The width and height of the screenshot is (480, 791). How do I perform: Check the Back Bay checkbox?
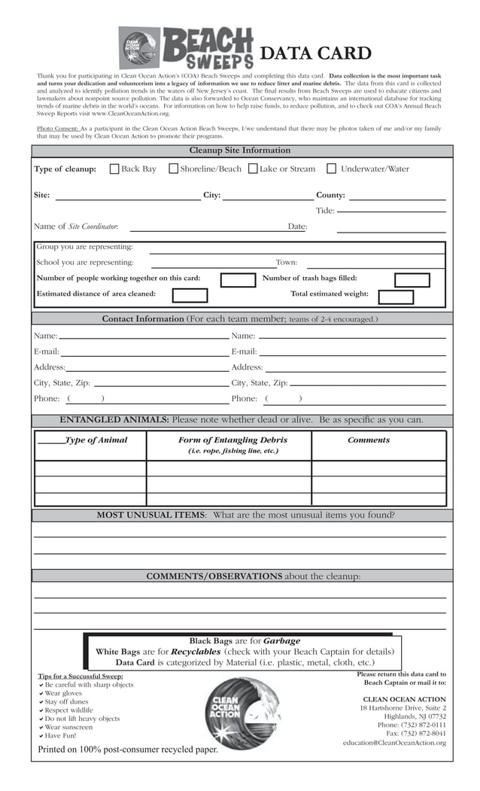(114, 169)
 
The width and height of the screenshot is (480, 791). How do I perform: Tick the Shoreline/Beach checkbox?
(173, 169)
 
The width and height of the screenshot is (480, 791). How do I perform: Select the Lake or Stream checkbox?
(253, 169)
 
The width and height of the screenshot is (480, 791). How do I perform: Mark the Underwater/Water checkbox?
(331, 169)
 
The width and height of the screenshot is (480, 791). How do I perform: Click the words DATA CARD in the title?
(315, 53)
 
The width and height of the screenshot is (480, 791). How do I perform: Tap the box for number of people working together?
(238, 280)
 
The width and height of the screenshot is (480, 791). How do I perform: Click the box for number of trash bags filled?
(412, 280)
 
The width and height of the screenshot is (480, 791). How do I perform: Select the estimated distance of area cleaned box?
(190, 296)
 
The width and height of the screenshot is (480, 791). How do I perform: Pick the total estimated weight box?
(396, 296)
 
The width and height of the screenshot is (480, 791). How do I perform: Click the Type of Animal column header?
(96, 440)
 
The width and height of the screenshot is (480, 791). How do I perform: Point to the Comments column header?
(369, 440)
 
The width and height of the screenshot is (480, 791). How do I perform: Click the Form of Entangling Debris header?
(232, 440)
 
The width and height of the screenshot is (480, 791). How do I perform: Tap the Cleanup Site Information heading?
(239, 151)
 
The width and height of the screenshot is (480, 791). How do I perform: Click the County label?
(330, 196)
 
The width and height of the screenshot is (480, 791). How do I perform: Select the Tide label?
(325, 211)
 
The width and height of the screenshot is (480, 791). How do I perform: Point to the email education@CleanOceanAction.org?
(393, 743)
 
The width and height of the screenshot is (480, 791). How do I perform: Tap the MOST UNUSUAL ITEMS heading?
(150, 516)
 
